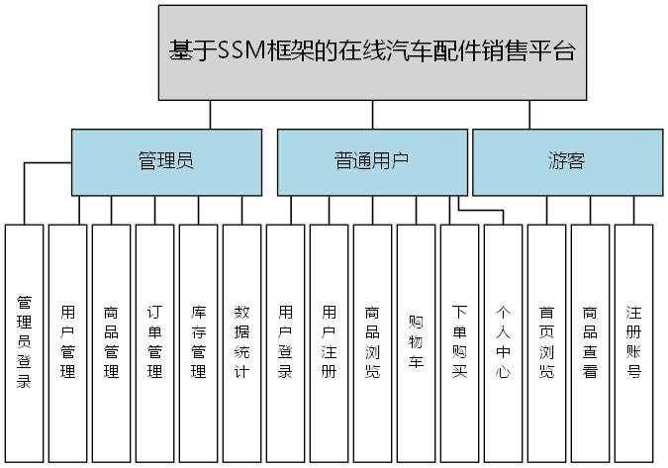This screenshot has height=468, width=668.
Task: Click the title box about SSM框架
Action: click(x=371, y=51)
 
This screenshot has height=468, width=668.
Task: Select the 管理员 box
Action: click(x=164, y=161)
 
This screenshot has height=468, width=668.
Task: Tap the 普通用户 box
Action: click(x=371, y=161)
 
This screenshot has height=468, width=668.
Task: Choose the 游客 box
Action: click(x=566, y=161)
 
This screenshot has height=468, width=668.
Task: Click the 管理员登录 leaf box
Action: click(x=24, y=342)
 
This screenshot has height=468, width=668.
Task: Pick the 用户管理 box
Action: click(x=67, y=342)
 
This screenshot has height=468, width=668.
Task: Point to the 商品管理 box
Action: click(x=111, y=342)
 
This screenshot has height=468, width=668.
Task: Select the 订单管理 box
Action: click(x=154, y=342)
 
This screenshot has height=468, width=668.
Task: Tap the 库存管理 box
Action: click(x=198, y=342)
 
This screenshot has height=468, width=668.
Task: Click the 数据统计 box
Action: click(x=241, y=342)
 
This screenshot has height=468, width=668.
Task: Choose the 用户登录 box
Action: click(x=285, y=342)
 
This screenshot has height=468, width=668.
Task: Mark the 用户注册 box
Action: click(x=329, y=342)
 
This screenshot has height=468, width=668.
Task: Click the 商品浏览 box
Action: click(x=372, y=342)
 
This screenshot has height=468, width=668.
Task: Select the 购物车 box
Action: click(x=416, y=342)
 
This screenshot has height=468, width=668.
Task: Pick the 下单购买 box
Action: click(x=459, y=342)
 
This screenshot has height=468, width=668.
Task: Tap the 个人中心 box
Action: click(x=503, y=342)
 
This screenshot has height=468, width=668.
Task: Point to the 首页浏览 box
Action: click(x=546, y=342)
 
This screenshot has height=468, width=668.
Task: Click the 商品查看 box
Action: click(x=590, y=342)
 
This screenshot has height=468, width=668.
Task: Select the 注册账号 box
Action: click(x=633, y=342)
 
